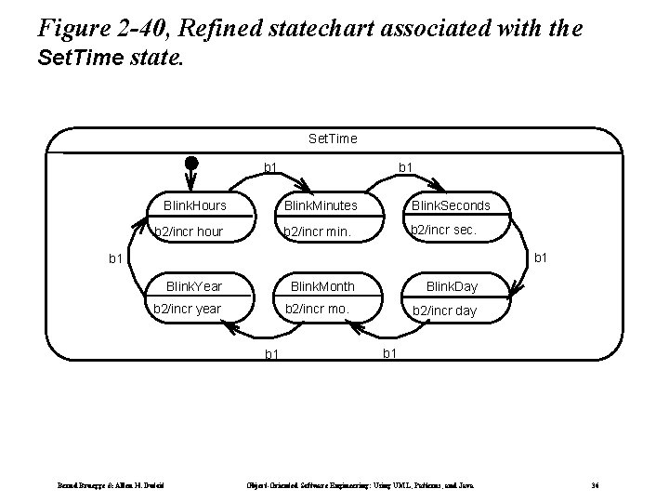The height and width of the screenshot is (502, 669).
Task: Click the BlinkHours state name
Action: [195, 205]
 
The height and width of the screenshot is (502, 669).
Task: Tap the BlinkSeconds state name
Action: [453, 205]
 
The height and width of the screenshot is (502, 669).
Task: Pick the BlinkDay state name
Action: [451, 287]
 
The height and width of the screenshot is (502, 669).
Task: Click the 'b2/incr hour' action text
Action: [189, 231]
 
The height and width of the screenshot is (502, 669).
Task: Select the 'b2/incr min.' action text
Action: [317, 231]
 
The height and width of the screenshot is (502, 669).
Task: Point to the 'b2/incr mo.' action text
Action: [316, 309]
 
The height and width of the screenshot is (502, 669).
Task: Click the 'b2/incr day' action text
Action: [444, 310]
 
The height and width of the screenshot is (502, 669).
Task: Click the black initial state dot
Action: [190, 165]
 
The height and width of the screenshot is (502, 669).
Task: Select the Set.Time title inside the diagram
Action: [332, 139]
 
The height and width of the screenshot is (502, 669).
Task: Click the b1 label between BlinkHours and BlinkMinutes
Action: [271, 167]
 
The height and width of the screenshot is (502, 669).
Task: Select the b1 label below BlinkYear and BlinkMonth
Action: [271, 353]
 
